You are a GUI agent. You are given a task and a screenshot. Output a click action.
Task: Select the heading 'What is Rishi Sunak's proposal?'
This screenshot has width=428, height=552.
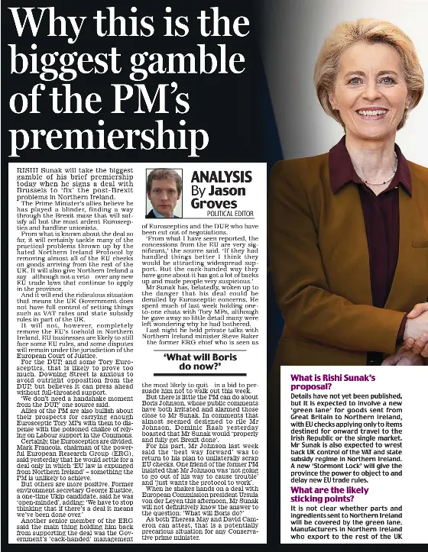pyautogui.click(x=334, y=383)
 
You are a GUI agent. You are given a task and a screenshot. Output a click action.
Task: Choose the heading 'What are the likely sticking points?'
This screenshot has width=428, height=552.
pyautogui.click(x=335, y=495)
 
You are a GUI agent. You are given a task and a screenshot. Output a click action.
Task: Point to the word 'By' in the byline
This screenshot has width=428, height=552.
pyautogui.click(x=197, y=192)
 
